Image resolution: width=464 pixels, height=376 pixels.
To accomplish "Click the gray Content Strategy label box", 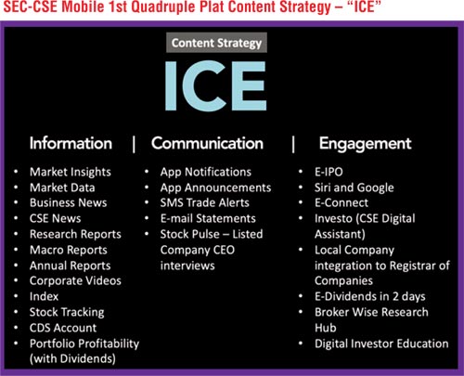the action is click(x=216, y=43).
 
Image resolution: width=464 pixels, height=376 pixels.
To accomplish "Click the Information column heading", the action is click(x=71, y=143).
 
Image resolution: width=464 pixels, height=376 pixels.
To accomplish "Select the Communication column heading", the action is click(x=207, y=143).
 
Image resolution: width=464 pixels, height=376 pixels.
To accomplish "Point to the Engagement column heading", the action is click(x=366, y=144).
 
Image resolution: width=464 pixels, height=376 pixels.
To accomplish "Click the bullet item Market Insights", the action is click(x=71, y=172).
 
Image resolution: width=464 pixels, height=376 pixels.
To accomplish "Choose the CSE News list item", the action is click(x=55, y=218).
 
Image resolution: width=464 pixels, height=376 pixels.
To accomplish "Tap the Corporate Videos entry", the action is click(x=75, y=280).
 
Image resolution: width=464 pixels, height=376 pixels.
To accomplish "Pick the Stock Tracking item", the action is click(x=67, y=312).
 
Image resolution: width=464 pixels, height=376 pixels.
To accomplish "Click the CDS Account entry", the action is click(x=63, y=328).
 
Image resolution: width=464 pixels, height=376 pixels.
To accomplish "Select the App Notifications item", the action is click(x=206, y=172).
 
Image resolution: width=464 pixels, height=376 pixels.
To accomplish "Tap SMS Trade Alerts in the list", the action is click(x=205, y=202).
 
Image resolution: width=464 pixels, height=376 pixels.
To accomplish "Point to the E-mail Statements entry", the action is click(x=208, y=218).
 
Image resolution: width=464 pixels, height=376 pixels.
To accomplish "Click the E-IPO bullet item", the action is click(x=329, y=172).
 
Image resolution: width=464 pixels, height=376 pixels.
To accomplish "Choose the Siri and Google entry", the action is click(x=354, y=188).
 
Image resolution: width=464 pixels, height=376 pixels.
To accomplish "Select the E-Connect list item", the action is click(x=342, y=202).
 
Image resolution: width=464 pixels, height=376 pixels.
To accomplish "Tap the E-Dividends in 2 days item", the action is click(x=370, y=296).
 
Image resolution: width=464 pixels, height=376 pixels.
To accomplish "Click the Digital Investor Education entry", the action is click(x=381, y=344).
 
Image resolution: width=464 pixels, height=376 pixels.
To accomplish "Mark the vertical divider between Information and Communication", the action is click(x=134, y=144).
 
